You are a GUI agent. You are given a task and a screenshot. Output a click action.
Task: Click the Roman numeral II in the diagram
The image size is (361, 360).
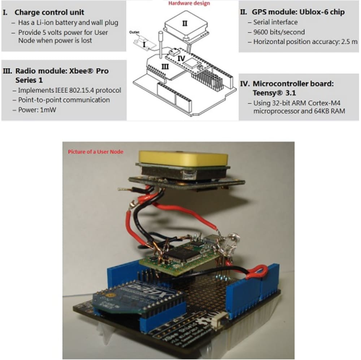click(x=184, y=23)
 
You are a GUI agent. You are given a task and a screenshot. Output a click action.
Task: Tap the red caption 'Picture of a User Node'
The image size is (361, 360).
click(x=95, y=152)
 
